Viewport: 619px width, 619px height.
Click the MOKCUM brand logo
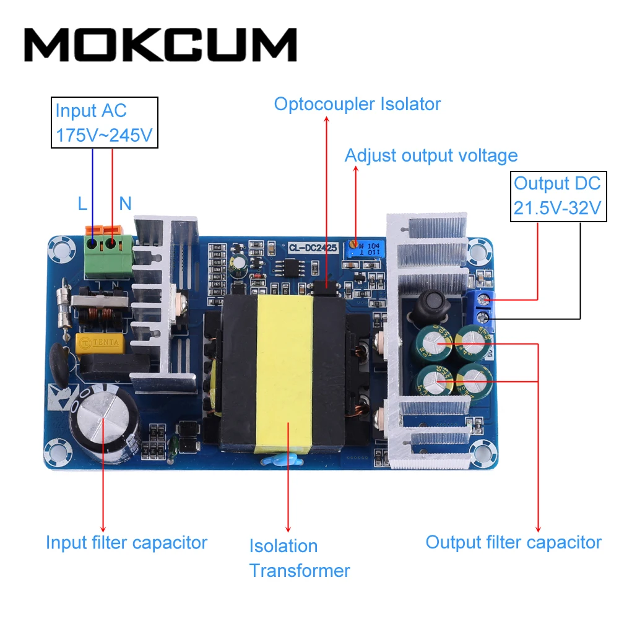(x=161, y=45)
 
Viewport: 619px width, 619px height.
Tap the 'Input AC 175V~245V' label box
(x=104, y=123)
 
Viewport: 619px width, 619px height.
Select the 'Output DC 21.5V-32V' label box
(x=558, y=196)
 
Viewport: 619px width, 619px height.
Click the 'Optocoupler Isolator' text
(x=357, y=104)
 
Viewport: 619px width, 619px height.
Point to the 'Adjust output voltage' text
(x=431, y=155)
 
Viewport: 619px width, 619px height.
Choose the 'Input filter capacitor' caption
(x=126, y=543)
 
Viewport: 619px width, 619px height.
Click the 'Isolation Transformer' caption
(x=299, y=558)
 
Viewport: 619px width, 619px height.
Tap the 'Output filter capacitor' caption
(x=513, y=542)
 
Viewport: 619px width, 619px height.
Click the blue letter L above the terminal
(x=83, y=203)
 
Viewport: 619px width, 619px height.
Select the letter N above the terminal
(x=125, y=203)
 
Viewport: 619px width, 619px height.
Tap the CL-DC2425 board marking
(x=313, y=248)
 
